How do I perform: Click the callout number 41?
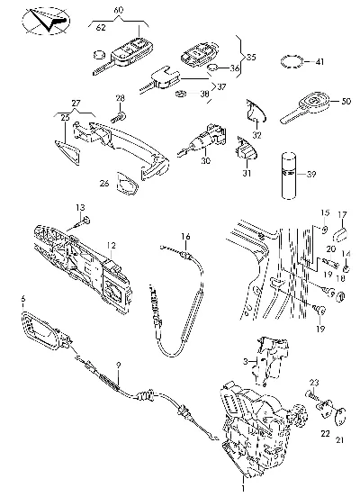click(x=319, y=61)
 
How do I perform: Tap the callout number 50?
click(x=346, y=102)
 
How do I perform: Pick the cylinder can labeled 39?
click(x=289, y=176)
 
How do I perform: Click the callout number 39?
click(x=311, y=174)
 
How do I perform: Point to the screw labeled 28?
click(x=119, y=117)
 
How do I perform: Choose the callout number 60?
click(x=119, y=10)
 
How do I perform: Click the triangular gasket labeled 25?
click(x=67, y=153)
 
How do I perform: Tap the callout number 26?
click(x=104, y=183)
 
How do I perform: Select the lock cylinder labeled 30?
click(x=202, y=140)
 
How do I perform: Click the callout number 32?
click(x=257, y=135)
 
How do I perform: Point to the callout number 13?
click(x=80, y=208)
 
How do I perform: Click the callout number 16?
click(x=186, y=237)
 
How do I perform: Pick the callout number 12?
click(x=112, y=245)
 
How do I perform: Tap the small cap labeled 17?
click(x=341, y=235)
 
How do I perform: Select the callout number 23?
click(x=314, y=383)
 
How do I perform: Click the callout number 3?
click(x=246, y=361)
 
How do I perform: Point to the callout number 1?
click(x=243, y=488)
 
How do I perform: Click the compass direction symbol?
click(x=46, y=22)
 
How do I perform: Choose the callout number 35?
click(x=251, y=58)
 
